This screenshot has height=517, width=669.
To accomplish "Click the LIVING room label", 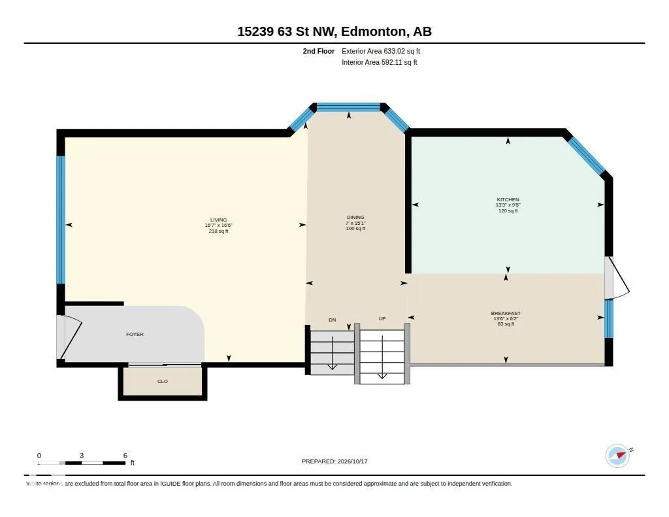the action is click(x=218, y=220).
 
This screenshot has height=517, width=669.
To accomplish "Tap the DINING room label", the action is click(x=355, y=217).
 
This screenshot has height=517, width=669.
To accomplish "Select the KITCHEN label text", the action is click(x=508, y=199).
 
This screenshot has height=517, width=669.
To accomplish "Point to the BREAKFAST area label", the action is click(x=506, y=313).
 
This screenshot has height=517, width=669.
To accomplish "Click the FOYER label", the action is click(x=135, y=334).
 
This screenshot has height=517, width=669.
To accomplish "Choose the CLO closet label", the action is click(x=163, y=381).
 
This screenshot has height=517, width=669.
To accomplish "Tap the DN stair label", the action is click(x=333, y=320).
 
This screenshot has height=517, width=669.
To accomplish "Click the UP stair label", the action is click(x=382, y=318).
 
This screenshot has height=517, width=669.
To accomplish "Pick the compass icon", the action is click(x=618, y=456).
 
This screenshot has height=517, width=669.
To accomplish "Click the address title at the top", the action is click(x=334, y=31).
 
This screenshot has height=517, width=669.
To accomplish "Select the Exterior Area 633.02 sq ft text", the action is click(x=381, y=51).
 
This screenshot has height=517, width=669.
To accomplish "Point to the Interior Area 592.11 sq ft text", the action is click(x=380, y=62).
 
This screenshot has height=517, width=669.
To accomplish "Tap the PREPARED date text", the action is click(x=334, y=461).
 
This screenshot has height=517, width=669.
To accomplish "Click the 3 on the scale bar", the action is click(x=82, y=456).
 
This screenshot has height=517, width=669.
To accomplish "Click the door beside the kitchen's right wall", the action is click(x=617, y=278).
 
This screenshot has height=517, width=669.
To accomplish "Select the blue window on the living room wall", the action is click(x=61, y=220).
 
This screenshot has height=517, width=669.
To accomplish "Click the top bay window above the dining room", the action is click(x=349, y=107).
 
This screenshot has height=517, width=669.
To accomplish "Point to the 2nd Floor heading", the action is click(x=319, y=51).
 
